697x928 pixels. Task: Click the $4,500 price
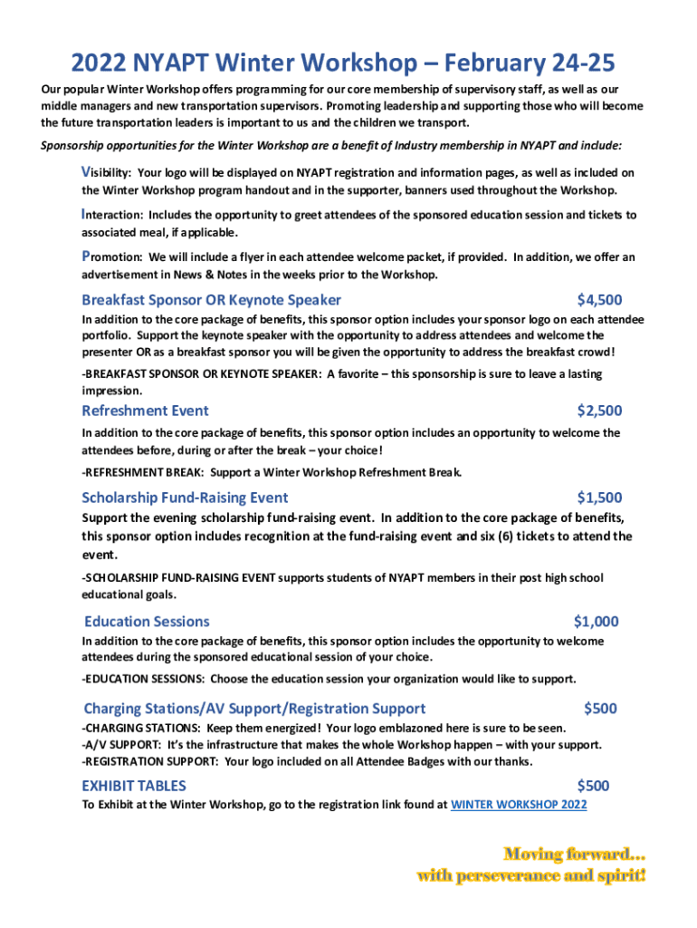pyautogui.click(x=599, y=300)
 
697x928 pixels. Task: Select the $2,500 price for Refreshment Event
pyautogui.click(x=599, y=411)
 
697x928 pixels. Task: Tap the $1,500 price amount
pyautogui.click(x=599, y=498)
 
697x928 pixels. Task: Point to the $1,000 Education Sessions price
pyautogui.click(x=597, y=622)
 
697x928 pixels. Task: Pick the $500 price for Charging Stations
pyautogui.click(x=601, y=709)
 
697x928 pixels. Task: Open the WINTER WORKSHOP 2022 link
pyautogui.click(x=519, y=805)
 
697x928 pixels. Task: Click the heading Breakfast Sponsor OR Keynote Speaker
pyautogui.click(x=211, y=300)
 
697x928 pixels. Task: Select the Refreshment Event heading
pyautogui.click(x=145, y=411)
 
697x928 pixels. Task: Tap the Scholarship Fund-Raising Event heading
pyautogui.click(x=185, y=498)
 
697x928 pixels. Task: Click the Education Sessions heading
pyautogui.click(x=147, y=622)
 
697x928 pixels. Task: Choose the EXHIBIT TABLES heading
pyautogui.click(x=134, y=786)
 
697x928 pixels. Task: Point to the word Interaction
pyautogui.click(x=111, y=216)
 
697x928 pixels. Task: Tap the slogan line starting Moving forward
pyautogui.click(x=574, y=854)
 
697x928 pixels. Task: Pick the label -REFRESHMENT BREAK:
pyautogui.click(x=143, y=472)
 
